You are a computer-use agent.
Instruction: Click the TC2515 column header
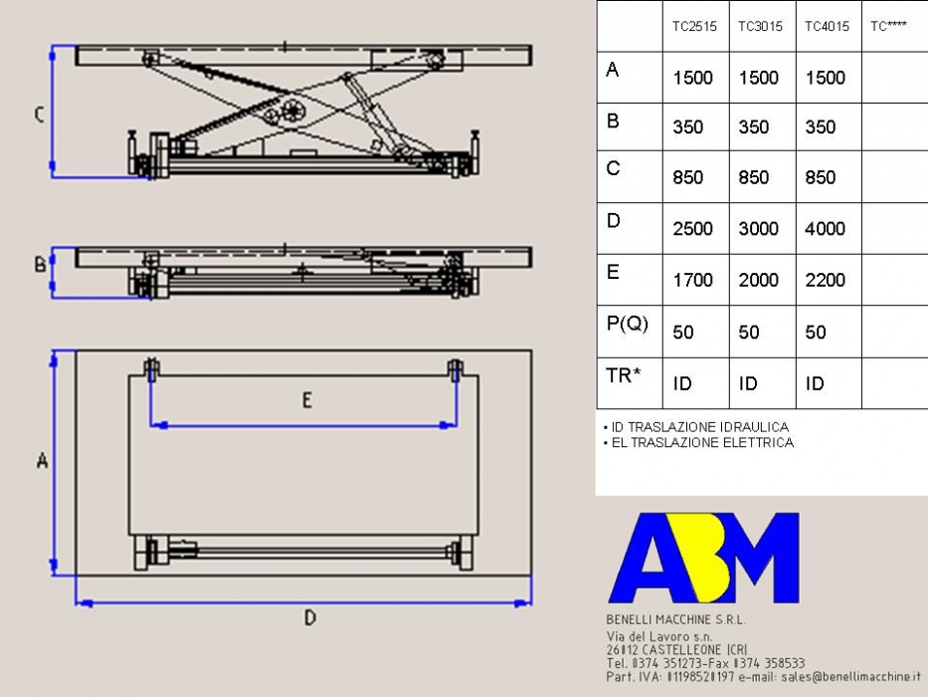coord(694,26)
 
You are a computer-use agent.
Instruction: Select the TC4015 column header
coord(827,26)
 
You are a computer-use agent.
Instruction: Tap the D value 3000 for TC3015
coord(758,229)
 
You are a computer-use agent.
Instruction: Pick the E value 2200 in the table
coord(825,280)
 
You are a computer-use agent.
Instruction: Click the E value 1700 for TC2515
coord(692,280)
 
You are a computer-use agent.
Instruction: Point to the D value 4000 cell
coord(825,229)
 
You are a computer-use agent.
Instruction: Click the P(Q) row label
coord(628,324)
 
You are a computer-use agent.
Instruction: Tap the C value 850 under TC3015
coord(753,177)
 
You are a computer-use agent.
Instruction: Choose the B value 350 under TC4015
coord(821,126)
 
